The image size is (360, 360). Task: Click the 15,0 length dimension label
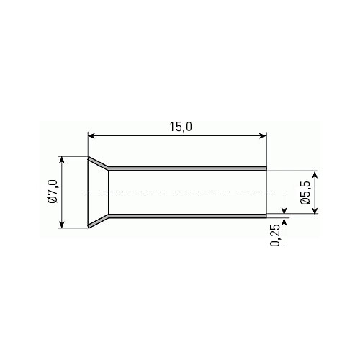pyautogui.click(x=181, y=127)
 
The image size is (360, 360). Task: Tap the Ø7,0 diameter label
pyautogui.click(x=53, y=192)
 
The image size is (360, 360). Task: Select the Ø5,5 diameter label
pyautogui.click(x=305, y=192)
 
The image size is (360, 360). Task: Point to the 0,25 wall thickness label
pyautogui.click(x=275, y=235)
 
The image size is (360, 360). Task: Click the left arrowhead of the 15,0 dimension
pyautogui.click(x=91, y=136)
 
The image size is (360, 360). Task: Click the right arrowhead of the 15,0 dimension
pyautogui.click(x=263, y=136)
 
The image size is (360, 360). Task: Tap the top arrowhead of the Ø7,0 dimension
pyautogui.click(x=62, y=160)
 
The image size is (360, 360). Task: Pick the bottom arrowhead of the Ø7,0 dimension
pyautogui.click(x=62, y=225)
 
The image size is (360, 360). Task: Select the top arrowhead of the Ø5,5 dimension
pyautogui.click(x=315, y=174)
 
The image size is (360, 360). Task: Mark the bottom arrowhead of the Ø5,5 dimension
pyautogui.click(x=315, y=210)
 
